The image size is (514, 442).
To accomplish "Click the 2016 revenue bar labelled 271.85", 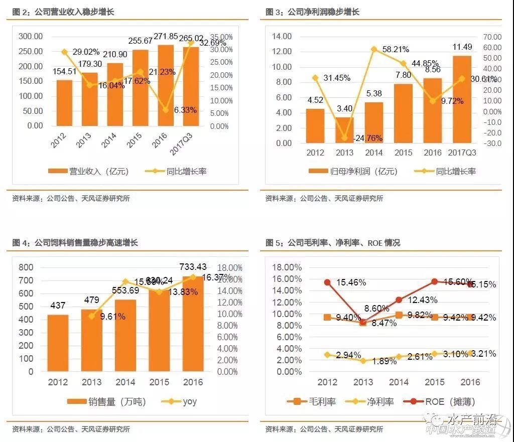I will click(x=166, y=85).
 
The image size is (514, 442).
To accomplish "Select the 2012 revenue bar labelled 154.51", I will click(x=64, y=103).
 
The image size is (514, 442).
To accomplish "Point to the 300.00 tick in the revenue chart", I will click(x=31, y=37).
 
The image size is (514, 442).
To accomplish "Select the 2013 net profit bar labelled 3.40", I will click(x=344, y=130).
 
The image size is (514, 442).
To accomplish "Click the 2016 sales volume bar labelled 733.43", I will click(x=193, y=324).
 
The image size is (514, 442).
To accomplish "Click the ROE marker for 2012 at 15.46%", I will click(x=327, y=282).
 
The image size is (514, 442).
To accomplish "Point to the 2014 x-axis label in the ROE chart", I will click(x=399, y=382).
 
